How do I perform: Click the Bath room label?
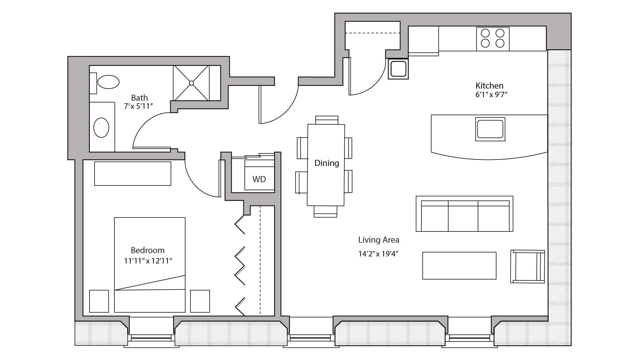[x=139, y=98]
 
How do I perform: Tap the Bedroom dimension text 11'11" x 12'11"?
[x=148, y=261]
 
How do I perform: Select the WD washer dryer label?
[x=259, y=179]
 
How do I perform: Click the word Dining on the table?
[x=327, y=163]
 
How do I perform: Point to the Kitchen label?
[x=489, y=86]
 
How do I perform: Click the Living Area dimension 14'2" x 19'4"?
[x=378, y=254]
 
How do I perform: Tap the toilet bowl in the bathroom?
[x=108, y=82]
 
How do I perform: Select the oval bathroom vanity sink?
[x=101, y=128]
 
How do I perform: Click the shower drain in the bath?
[x=191, y=83]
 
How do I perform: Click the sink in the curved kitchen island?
[x=490, y=129]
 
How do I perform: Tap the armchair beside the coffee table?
[x=527, y=267]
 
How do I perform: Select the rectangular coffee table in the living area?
[x=459, y=266]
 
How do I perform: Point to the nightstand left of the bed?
[x=99, y=301]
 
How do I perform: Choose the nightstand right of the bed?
[x=200, y=301]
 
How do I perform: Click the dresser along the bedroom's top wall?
[x=133, y=174]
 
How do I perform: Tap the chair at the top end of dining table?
[x=327, y=120]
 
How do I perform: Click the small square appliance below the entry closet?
[x=398, y=69]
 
